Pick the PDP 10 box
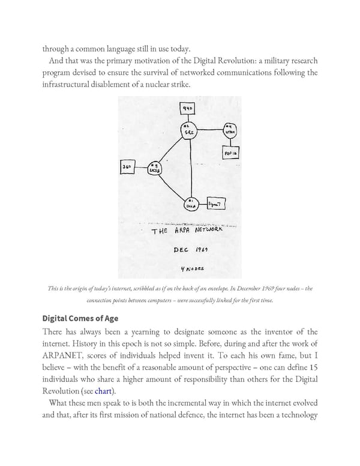tap(231, 154)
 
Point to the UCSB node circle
tap(155, 169)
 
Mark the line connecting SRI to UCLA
tap(187, 168)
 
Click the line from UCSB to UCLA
tap(172, 186)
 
